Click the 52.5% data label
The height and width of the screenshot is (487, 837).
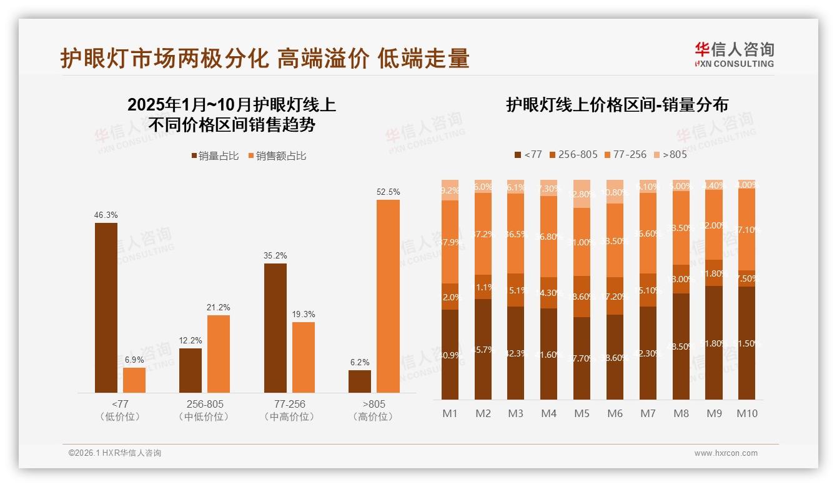click(x=388, y=192)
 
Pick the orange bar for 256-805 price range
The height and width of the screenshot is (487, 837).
click(x=219, y=353)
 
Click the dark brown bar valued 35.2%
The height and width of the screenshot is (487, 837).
click(x=275, y=328)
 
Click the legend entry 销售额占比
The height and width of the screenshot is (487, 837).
click(x=277, y=155)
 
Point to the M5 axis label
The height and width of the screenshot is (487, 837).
click(x=582, y=413)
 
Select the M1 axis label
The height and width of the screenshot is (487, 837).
click(x=450, y=413)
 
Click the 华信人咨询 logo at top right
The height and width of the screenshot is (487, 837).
click(x=734, y=54)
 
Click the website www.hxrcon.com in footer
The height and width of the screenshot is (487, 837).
click(x=726, y=453)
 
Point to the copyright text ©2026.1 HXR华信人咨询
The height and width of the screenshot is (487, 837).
click(x=115, y=453)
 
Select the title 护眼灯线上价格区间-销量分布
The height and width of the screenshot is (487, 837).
click(x=617, y=105)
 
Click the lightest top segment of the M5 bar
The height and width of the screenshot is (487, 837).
click(x=582, y=194)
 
